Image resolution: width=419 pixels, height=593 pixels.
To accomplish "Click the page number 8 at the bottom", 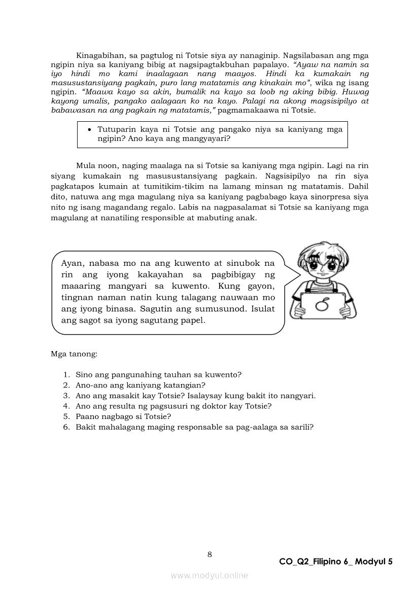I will click(x=209, y=554).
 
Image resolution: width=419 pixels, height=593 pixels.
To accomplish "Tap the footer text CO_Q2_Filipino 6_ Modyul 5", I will click(x=336, y=562).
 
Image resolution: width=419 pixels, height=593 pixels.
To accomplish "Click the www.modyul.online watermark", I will click(x=209, y=575).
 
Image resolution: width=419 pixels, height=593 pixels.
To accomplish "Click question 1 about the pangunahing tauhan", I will click(x=158, y=375).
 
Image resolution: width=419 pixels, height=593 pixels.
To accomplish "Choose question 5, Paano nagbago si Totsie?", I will click(x=123, y=416).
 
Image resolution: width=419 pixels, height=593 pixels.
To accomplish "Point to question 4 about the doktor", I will click(x=173, y=406).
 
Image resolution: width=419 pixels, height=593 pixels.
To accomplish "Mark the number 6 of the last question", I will click(x=66, y=427).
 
